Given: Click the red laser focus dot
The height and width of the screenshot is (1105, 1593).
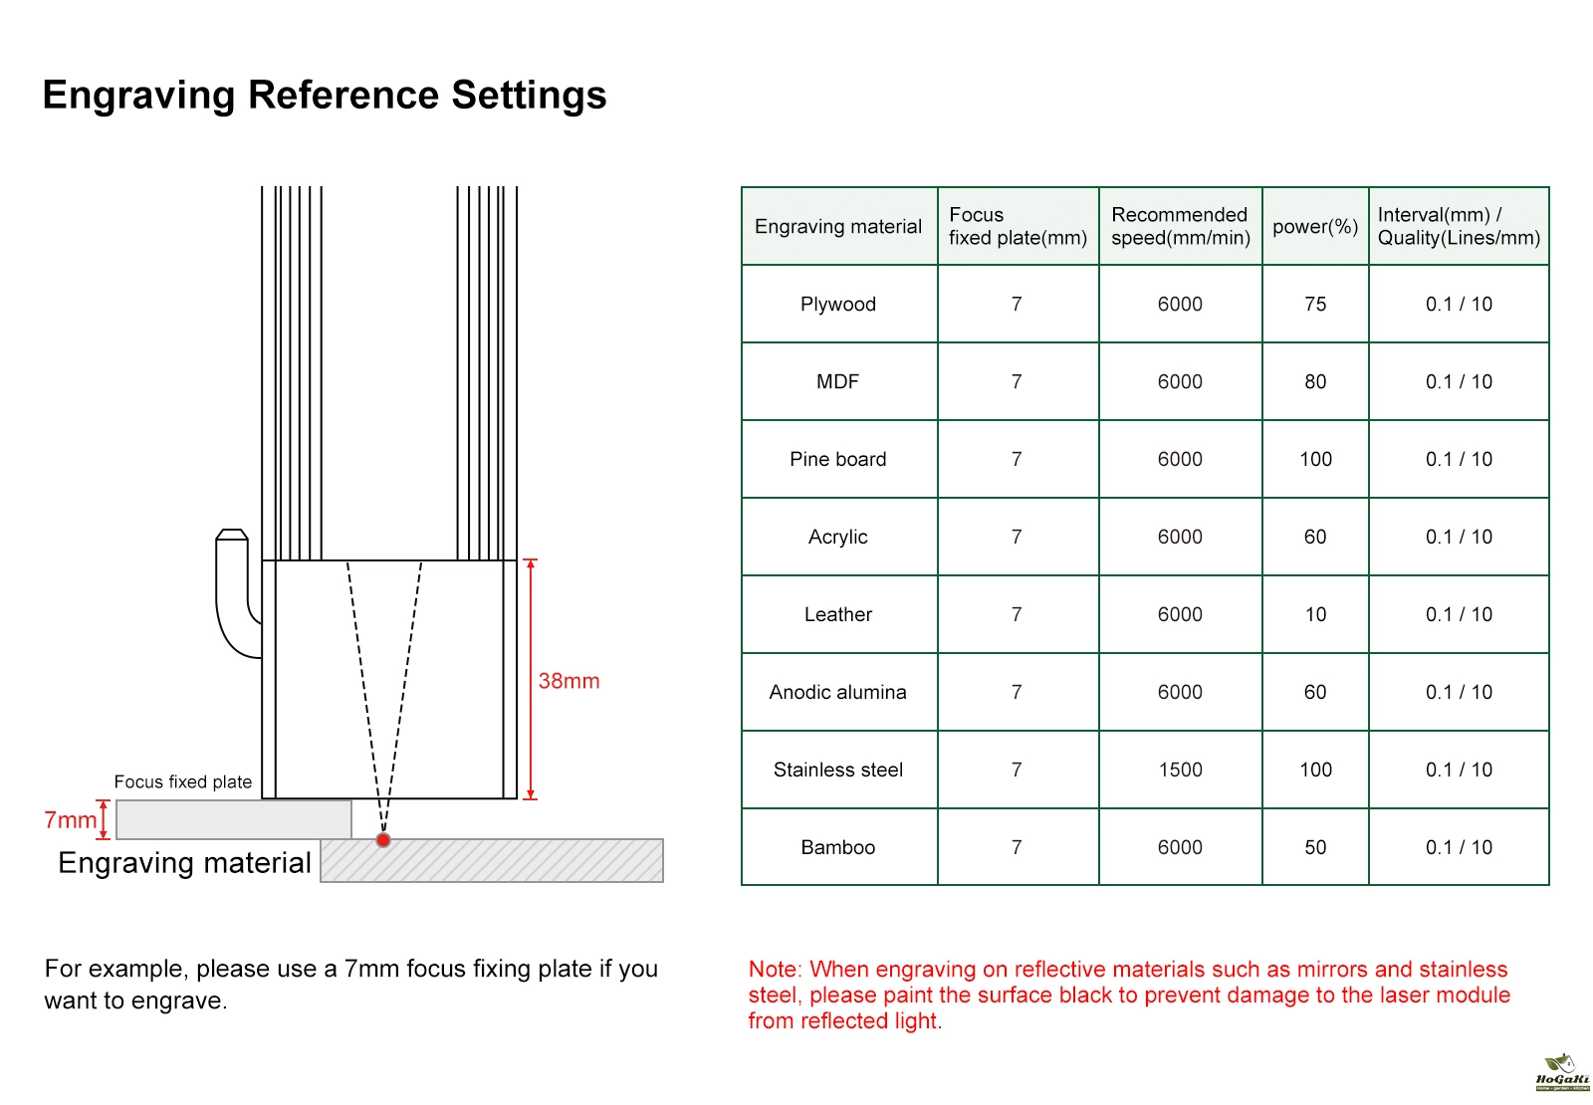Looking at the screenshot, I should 383,840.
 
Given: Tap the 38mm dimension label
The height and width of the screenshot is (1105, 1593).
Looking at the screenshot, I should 569,681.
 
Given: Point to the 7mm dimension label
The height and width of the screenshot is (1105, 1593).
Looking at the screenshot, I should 70,820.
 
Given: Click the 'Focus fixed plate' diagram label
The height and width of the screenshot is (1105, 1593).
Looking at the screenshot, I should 183,782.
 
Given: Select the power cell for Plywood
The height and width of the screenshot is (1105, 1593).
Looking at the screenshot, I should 1315,305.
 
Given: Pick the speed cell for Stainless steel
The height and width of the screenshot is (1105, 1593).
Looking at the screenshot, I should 1180,770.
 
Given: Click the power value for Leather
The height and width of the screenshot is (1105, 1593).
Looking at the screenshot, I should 1315,615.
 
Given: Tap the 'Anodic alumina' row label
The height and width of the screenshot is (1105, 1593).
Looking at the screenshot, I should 837,693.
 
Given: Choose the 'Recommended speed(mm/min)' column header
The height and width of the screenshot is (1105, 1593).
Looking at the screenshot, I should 1180,227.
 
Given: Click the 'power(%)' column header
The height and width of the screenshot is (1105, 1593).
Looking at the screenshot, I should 1315,227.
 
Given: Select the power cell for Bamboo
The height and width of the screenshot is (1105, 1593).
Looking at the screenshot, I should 1315,847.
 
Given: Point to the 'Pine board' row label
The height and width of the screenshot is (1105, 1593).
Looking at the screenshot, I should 837,460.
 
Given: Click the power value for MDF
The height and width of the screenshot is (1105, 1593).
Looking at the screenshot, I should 1315,382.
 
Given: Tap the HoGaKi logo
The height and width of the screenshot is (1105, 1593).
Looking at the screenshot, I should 1562,1072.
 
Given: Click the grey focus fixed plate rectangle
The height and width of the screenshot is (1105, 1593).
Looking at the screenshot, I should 234,820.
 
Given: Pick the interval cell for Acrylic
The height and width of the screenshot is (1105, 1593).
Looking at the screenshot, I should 1459,538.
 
